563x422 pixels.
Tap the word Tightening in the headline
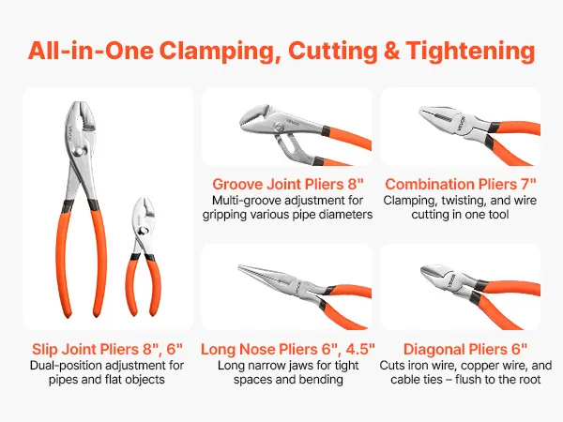pyautogui.click(x=470, y=52)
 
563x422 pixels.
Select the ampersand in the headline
pyautogui.click(x=391, y=51)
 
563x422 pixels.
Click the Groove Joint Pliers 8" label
pyautogui.click(x=288, y=184)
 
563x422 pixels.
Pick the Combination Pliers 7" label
pyautogui.click(x=461, y=184)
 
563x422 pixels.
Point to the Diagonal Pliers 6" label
pyautogui.click(x=465, y=349)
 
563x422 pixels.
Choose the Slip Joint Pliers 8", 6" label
pyautogui.click(x=107, y=349)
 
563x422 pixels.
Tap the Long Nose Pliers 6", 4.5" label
pyautogui.click(x=288, y=349)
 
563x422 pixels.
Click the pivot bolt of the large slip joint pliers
pyautogui.click(x=78, y=152)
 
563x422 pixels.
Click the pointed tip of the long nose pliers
pyautogui.click(x=240, y=266)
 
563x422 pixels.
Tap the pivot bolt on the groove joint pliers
pyautogui.click(x=279, y=127)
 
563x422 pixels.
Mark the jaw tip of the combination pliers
pyautogui.click(x=421, y=110)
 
